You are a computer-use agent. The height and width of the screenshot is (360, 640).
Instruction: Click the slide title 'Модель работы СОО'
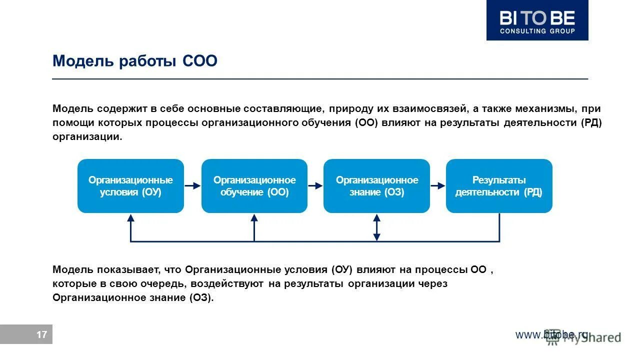tap(135, 61)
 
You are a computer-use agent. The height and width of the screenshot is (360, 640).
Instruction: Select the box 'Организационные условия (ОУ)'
tap(130, 186)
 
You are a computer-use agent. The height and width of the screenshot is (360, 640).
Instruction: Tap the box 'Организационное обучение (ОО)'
tap(254, 186)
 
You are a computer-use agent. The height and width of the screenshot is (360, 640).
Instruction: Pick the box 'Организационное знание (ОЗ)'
tap(376, 186)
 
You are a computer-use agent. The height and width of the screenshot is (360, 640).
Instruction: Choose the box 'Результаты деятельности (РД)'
tap(498, 186)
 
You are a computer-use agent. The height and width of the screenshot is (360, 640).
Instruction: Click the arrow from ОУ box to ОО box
tap(192, 185)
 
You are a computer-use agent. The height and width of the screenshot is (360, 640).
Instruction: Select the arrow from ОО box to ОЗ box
tap(315, 185)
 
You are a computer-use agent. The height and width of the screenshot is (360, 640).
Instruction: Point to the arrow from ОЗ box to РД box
tap(438, 185)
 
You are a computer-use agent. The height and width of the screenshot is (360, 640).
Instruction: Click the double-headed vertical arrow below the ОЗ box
tap(377, 228)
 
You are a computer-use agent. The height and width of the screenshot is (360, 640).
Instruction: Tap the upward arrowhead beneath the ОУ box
tap(131, 218)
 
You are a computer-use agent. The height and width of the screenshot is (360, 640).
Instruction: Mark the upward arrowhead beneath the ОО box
tap(254, 218)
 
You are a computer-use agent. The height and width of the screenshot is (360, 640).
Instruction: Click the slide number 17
tap(41, 334)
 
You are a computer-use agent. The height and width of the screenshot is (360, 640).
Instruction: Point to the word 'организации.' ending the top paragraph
tap(87, 137)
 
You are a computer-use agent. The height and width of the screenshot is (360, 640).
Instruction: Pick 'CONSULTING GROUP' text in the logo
tap(537, 31)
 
